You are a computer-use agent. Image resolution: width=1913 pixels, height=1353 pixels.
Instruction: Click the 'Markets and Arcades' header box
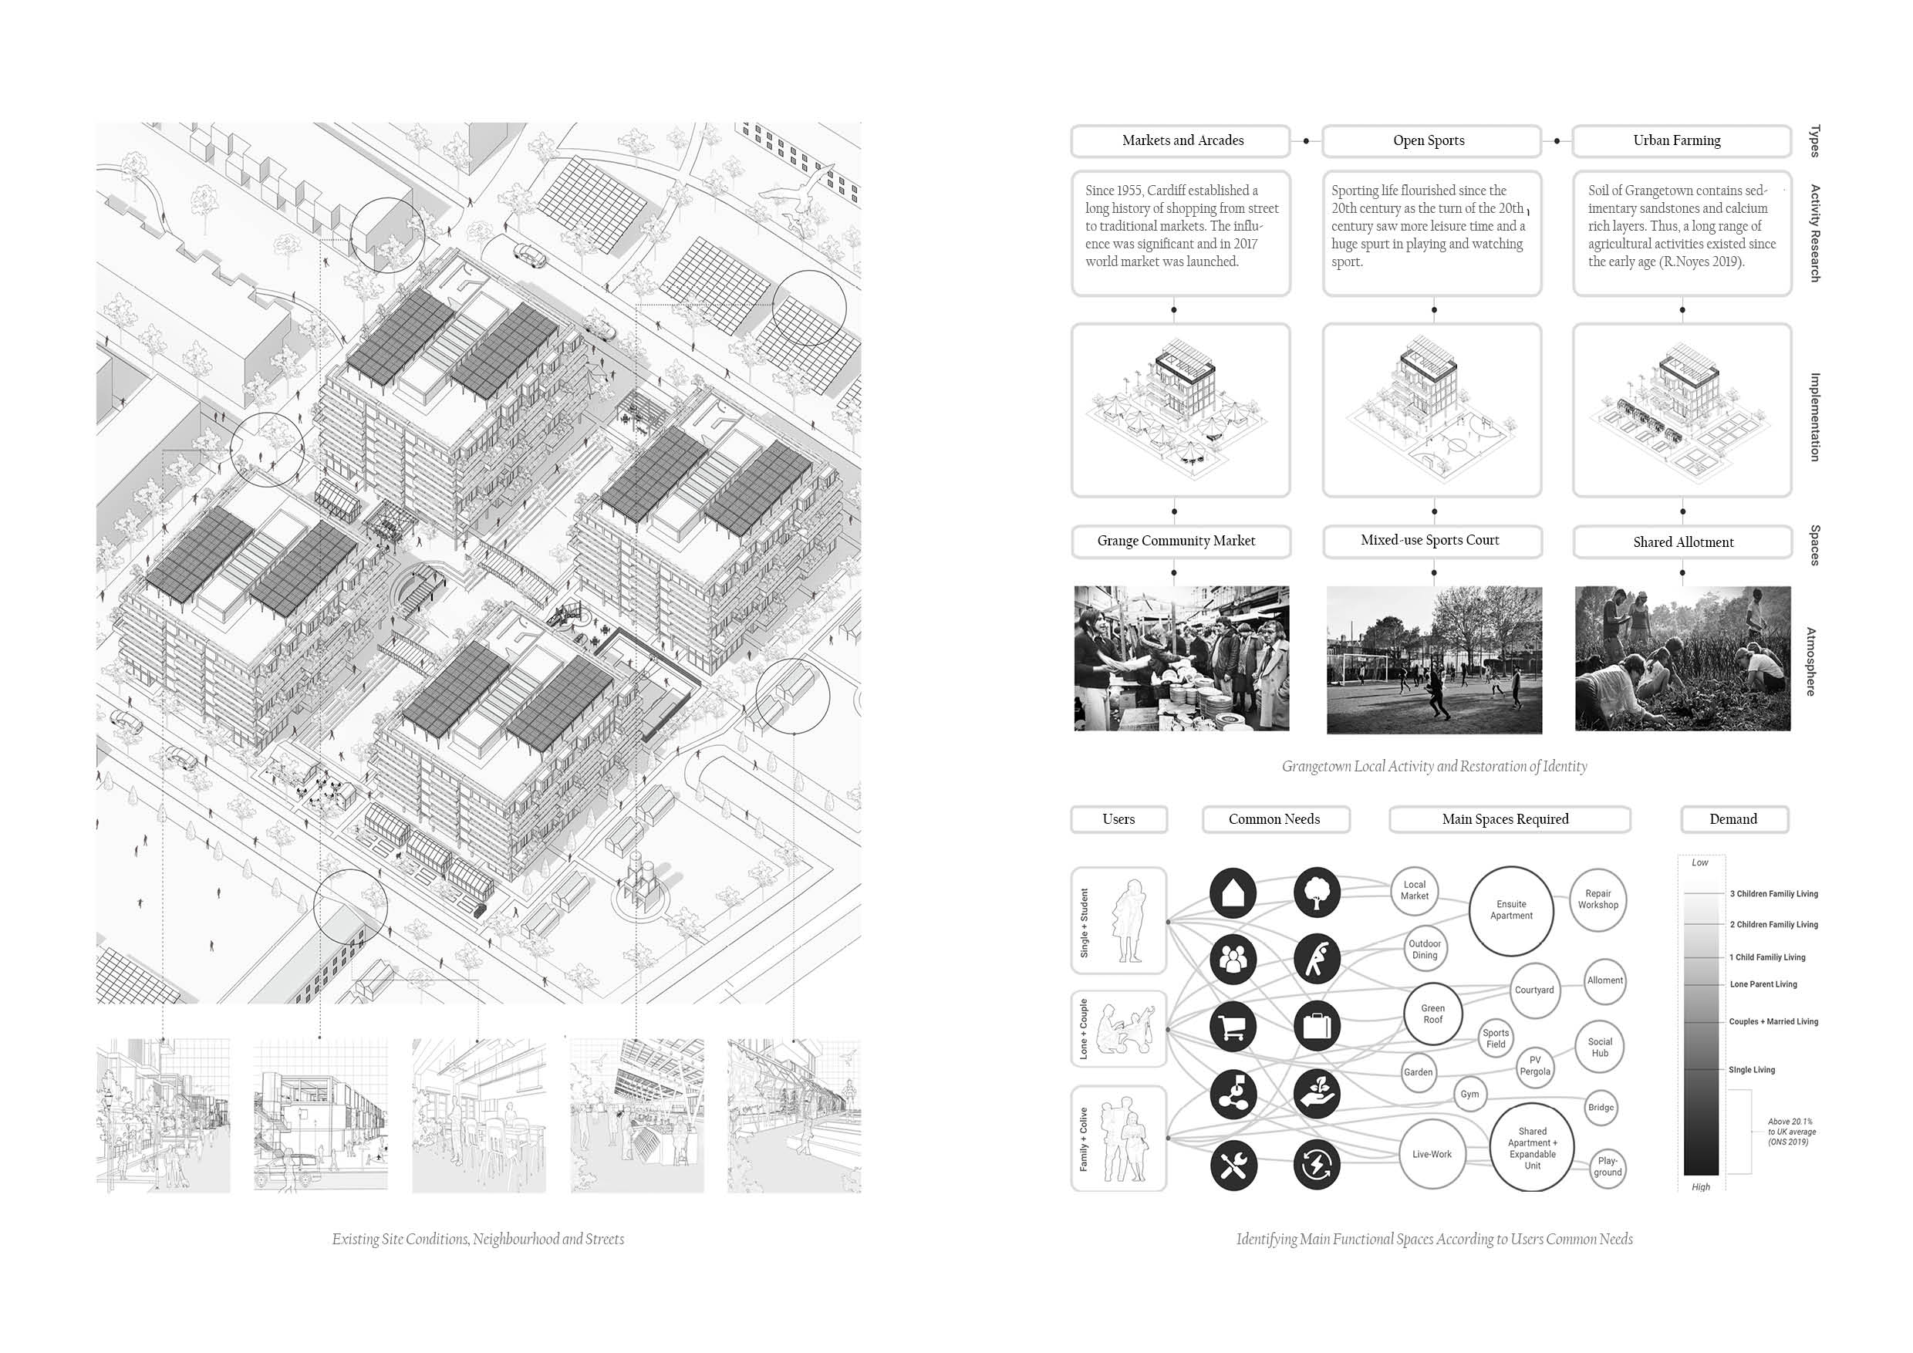(x=1181, y=141)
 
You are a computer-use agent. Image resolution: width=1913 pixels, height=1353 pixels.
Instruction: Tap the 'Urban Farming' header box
(x=1680, y=141)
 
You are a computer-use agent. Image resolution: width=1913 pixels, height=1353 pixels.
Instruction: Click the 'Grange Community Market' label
(x=1179, y=542)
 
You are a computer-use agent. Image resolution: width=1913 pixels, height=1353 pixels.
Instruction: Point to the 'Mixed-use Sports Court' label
(x=1432, y=541)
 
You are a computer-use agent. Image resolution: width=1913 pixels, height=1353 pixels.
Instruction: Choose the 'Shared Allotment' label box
(x=1682, y=542)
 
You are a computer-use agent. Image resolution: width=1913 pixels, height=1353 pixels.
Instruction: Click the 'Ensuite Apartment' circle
(x=1510, y=910)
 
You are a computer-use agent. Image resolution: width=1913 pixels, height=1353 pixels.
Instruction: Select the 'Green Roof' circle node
(x=1432, y=1014)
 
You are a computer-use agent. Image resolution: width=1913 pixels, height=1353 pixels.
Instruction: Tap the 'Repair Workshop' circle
(x=1598, y=899)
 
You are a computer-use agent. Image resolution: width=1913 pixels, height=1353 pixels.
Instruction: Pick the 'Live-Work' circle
(x=1432, y=1155)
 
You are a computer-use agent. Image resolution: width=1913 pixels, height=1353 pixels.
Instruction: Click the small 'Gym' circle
(x=1469, y=1095)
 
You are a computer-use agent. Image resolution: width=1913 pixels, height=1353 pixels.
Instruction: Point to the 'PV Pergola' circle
(x=1535, y=1066)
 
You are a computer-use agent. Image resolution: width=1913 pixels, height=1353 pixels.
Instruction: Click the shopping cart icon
(x=1233, y=1026)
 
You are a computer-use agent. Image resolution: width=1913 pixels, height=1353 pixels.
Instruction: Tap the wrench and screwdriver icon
(x=1233, y=1165)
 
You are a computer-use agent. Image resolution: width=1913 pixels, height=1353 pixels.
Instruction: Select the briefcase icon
(x=1317, y=1026)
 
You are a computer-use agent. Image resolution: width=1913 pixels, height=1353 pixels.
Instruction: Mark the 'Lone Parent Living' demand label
(x=1763, y=985)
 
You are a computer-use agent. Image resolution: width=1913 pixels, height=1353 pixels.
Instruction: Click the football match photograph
(x=1433, y=660)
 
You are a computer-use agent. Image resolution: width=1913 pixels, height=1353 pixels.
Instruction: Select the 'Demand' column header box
(x=1733, y=820)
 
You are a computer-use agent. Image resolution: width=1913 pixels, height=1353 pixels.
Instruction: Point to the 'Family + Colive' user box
(x=1118, y=1139)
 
